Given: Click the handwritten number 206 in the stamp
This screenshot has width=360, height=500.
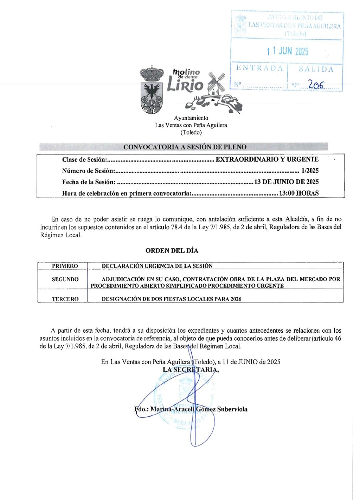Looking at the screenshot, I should (x=316, y=84).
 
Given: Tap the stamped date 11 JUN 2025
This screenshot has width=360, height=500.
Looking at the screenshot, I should (x=288, y=51).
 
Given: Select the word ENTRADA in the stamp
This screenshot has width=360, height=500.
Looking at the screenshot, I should (x=259, y=68).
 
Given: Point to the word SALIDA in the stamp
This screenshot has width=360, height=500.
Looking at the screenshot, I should (x=316, y=69).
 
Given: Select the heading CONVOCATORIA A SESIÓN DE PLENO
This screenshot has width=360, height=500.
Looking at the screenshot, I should (x=185, y=147).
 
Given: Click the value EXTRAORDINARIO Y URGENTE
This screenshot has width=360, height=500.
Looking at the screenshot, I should (x=267, y=159).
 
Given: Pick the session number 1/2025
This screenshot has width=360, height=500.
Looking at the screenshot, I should (x=310, y=171).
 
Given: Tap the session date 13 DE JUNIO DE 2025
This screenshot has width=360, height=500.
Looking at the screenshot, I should (x=287, y=182).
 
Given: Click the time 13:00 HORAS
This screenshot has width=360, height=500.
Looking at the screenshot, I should (x=299, y=193).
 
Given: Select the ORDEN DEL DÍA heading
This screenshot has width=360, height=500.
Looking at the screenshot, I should (x=172, y=251).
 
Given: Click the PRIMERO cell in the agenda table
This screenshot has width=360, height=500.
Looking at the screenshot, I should (x=65, y=266).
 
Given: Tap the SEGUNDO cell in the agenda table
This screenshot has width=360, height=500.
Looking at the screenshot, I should (x=65, y=280).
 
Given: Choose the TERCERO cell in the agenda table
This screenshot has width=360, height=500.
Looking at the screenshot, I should (x=65, y=299).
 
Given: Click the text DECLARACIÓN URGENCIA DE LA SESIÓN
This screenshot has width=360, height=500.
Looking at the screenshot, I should (x=157, y=266).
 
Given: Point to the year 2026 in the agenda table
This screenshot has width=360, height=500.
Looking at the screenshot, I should (x=236, y=299).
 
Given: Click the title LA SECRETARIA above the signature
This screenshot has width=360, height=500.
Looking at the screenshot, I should (x=191, y=370).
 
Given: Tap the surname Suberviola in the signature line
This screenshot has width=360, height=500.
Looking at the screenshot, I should (x=232, y=409).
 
